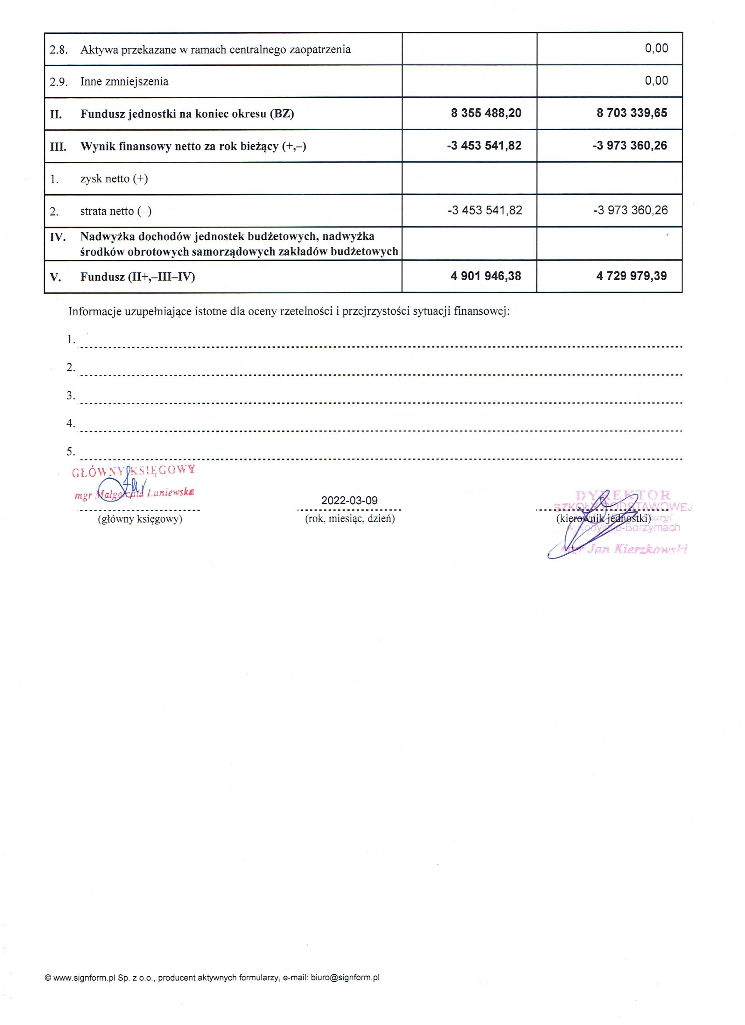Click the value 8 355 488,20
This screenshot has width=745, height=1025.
pyautogui.click(x=486, y=113)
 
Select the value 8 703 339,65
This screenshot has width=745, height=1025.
pyautogui.click(x=631, y=113)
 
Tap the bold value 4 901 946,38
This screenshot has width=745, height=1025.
pyautogui.click(x=486, y=276)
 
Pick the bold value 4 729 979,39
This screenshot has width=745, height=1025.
pyautogui.click(x=631, y=276)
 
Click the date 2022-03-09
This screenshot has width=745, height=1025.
pyautogui.click(x=349, y=501)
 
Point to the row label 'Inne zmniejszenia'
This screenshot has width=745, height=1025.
pyautogui.click(x=124, y=82)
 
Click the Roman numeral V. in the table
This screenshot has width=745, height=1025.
pyautogui.click(x=56, y=277)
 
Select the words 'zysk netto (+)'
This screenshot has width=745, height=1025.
pyautogui.click(x=114, y=179)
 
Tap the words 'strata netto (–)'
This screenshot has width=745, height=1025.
pyautogui.click(x=116, y=211)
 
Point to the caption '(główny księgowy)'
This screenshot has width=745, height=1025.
pyautogui.click(x=140, y=519)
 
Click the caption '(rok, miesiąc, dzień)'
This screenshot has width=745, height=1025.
pyautogui.click(x=350, y=519)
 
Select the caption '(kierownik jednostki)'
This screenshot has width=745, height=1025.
pyautogui.click(x=603, y=519)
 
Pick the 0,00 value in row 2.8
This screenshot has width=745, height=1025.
pyautogui.click(x=656, y=49)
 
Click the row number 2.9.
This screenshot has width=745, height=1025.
pyautogui.click(x=58, y=82)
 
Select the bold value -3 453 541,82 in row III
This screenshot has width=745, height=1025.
pyautogui.click(x=484, y=146)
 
